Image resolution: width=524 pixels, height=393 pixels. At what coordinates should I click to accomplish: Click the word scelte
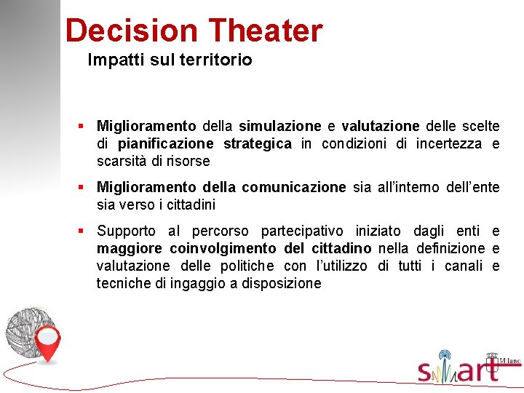(480, 126)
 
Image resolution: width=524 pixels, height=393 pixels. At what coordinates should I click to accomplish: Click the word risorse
(187, 161)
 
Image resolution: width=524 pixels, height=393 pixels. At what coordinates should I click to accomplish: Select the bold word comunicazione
(294, 188)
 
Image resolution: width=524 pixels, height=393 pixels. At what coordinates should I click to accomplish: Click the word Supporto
(126, 231)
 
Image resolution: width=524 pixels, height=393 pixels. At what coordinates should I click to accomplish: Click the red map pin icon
(49, 344)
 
